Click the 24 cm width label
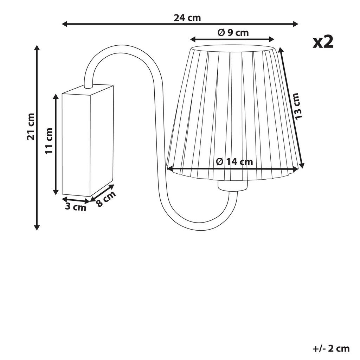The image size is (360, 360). [x=187, y=18]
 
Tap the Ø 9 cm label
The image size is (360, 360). [x=233, y=33]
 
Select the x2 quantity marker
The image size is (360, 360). [x=323, y=42]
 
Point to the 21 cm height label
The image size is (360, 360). [x=31, y=127]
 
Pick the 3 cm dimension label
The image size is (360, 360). [x=75, y=207]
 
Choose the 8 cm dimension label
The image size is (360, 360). [x=105, y=199]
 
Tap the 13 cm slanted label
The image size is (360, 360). [x=296, y=106]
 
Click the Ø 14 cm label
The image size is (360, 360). [x=234, y=162]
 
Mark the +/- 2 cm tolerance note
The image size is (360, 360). [x=331, y=348]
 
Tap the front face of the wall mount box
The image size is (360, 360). [x=76, y=144]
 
